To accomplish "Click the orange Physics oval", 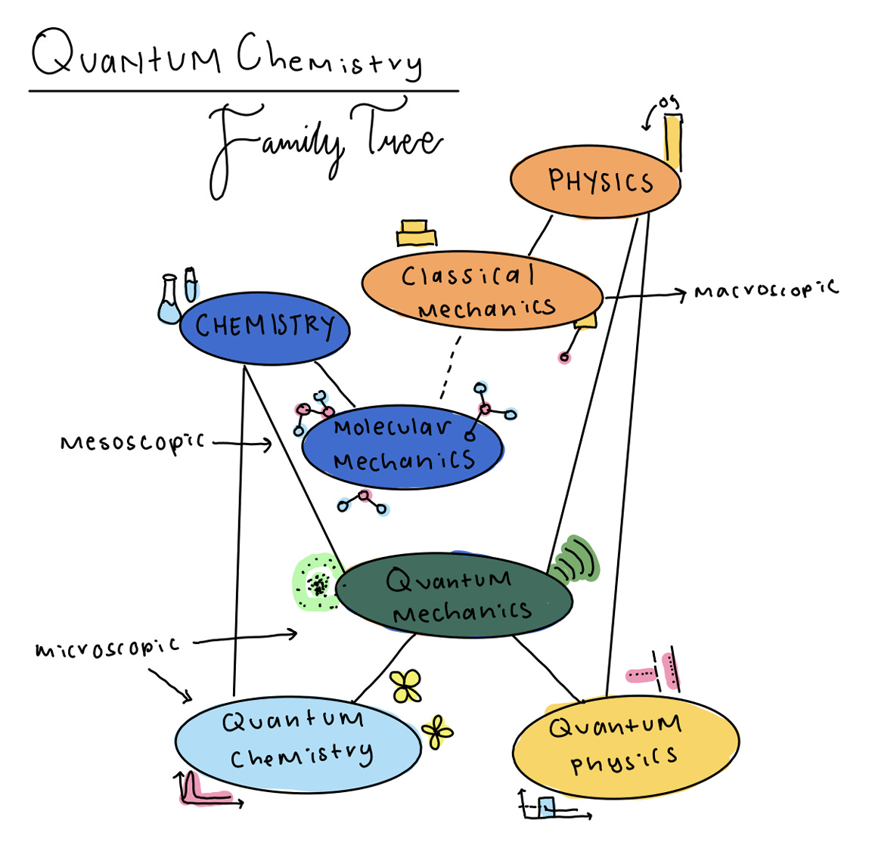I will (595, 181).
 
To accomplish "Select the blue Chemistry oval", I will (265, 327).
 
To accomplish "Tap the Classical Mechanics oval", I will (482, 292).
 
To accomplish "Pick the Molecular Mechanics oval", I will (402, 446).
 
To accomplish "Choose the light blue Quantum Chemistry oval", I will (297, 744).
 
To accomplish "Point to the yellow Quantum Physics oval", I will (625, 747).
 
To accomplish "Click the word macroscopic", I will (765, 290).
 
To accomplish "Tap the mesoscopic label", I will (132, 442).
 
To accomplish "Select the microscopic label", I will (107, 648).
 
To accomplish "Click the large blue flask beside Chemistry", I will (169, 302).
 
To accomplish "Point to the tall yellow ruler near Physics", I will (672, 142).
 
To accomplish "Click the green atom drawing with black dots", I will (318, 583).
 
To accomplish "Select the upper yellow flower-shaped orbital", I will (406, 686).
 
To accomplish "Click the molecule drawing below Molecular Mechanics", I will (364, 502).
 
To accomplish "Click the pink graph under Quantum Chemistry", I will (198, 790).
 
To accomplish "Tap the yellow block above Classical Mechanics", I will (416, 233).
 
